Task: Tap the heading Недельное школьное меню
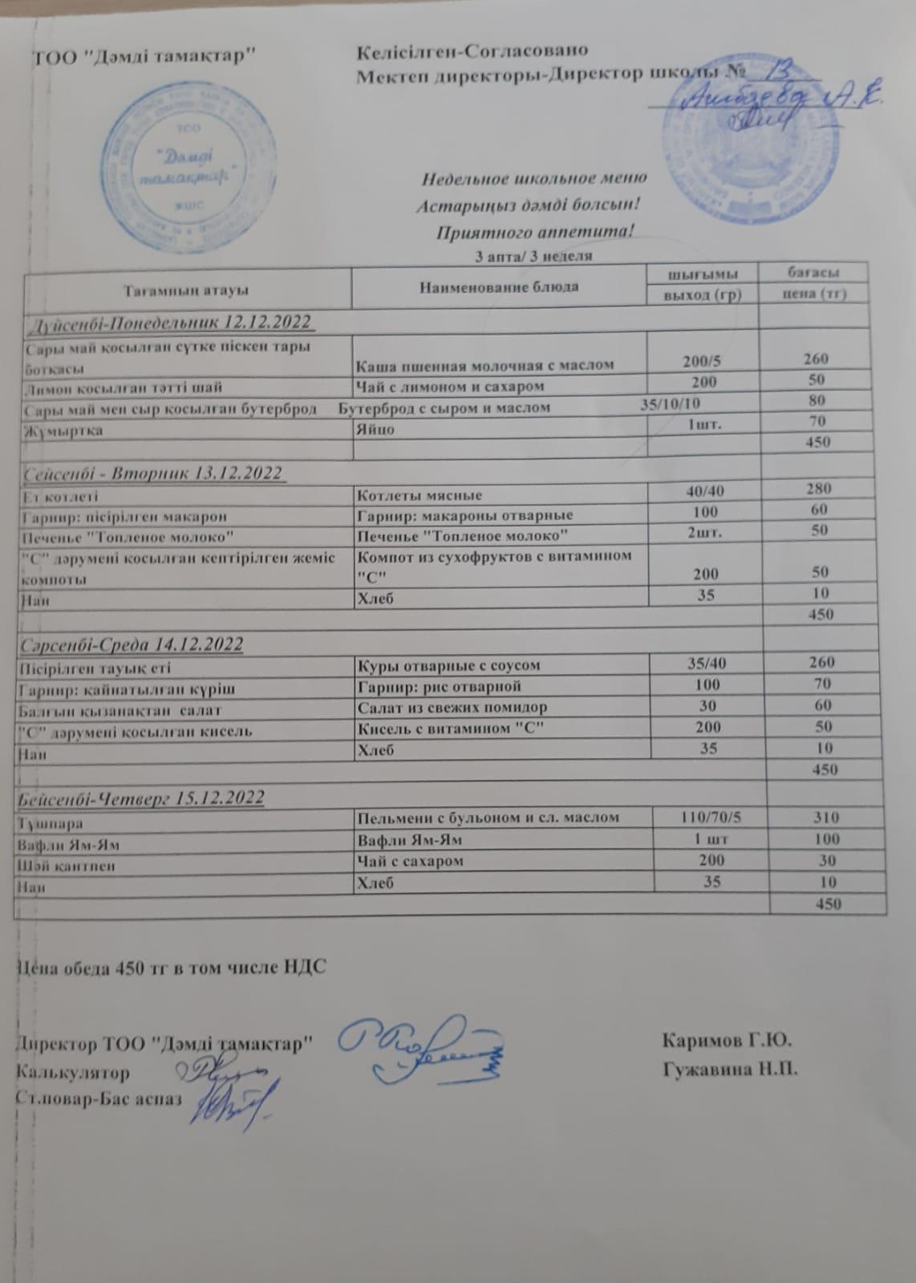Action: (x=534, y=178)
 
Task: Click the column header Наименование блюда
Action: (x=499, y=286)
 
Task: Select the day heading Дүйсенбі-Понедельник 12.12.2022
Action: (x=169, y=323)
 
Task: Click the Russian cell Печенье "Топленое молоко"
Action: (x=463, y=534)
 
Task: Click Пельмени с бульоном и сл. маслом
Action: (x=488, y=818)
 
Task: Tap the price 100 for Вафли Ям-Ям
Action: (x=826, y=839)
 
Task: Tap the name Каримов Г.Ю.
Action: (x=728, y=1042)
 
